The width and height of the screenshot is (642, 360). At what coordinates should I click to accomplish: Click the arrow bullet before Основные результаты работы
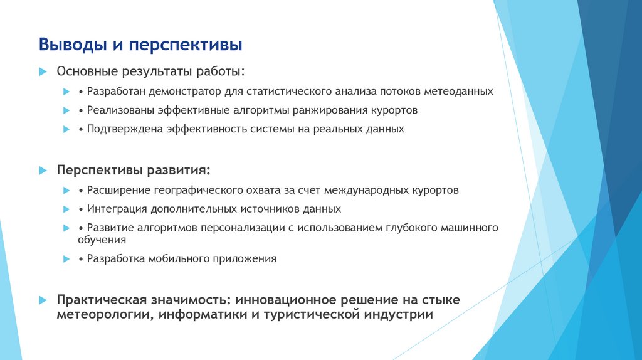(x=43, y=72)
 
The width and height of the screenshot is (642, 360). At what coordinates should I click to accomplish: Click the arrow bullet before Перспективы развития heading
(x=43, y=171)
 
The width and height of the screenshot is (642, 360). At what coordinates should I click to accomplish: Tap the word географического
(x=204, y=190)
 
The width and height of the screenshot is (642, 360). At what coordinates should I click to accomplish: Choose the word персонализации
(x=241, y=228)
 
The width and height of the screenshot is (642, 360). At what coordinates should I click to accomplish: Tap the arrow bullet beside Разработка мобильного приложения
(x=66, y=258)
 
